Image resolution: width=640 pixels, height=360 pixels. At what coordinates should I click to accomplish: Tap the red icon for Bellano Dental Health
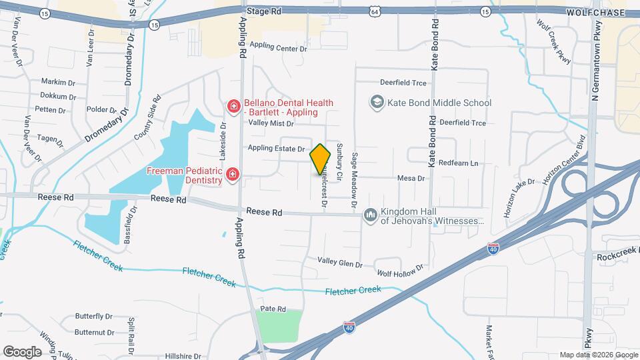pos(233,106)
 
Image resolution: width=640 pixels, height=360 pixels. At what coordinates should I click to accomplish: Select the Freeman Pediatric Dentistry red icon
pos(233,175)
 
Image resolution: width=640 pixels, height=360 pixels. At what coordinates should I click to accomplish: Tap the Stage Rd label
pos(264,11)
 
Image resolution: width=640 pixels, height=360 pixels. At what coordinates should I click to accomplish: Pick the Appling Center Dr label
pos(279,49)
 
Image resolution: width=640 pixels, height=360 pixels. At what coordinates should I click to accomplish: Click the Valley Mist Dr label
pos(271,123)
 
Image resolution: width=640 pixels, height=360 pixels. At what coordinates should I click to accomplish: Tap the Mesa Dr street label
pos(411,178)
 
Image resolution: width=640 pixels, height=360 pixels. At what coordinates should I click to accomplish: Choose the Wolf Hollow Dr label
pos(400,271)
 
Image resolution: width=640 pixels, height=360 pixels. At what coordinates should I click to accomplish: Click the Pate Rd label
pos(273,309)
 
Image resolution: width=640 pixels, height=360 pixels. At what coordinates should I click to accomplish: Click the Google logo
pos(22,351)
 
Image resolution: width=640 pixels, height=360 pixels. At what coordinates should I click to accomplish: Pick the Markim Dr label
pos(58,81)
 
